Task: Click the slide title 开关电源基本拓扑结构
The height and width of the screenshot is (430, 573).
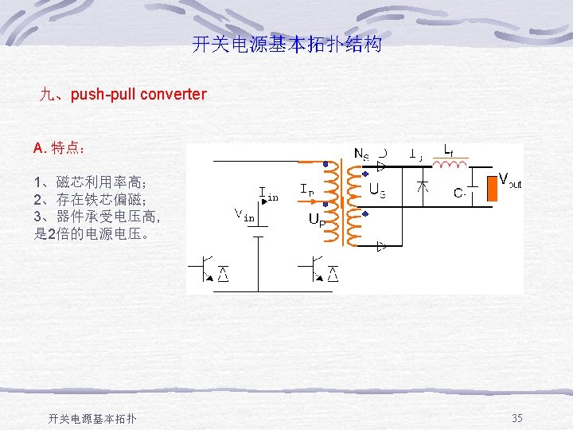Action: click(x=286, y=45)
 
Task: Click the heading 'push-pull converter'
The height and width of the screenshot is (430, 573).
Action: click(x=123, y=95)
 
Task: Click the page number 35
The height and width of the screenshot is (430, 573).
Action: click(x=516, y=418)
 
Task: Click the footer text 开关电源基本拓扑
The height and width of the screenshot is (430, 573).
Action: click(x=92, y=419)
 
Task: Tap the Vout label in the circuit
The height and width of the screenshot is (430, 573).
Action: click(x=509, y=180)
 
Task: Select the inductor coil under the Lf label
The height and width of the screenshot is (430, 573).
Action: click(x=451, y=165)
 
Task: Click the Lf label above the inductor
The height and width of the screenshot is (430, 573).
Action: click(x=450, y=149)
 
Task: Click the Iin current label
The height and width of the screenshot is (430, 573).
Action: click(x=268, y=193)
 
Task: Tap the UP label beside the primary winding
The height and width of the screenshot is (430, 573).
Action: click(x=315, y=218)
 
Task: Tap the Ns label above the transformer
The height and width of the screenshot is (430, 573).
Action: click(x=361, y=154)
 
